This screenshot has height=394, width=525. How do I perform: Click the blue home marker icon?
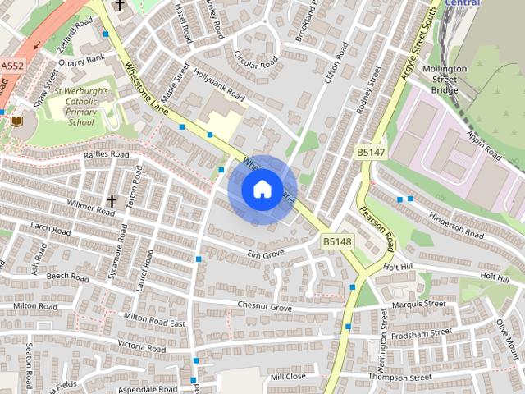pos(262,190)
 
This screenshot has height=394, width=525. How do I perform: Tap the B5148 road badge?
pos(336,241)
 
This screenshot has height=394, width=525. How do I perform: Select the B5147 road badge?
pos(371,153)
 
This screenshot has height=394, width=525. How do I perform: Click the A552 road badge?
pos(11,65)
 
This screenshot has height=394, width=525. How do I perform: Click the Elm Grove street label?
pos(266,254)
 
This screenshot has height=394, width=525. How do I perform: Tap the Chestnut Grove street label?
pos(264,307)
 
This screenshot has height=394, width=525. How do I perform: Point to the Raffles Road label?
pos(106,154)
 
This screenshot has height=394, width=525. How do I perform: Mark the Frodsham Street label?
pos(420,333)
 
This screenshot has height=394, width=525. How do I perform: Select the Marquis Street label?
pos(418,304)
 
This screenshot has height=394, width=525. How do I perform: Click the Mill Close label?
pos(288,377)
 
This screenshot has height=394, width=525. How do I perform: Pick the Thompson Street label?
pos(399,377)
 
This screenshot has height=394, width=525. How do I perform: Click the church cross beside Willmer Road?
pos(112,200)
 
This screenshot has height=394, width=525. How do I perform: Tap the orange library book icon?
pos(16,121)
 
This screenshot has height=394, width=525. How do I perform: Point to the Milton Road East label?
pos(154,319)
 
